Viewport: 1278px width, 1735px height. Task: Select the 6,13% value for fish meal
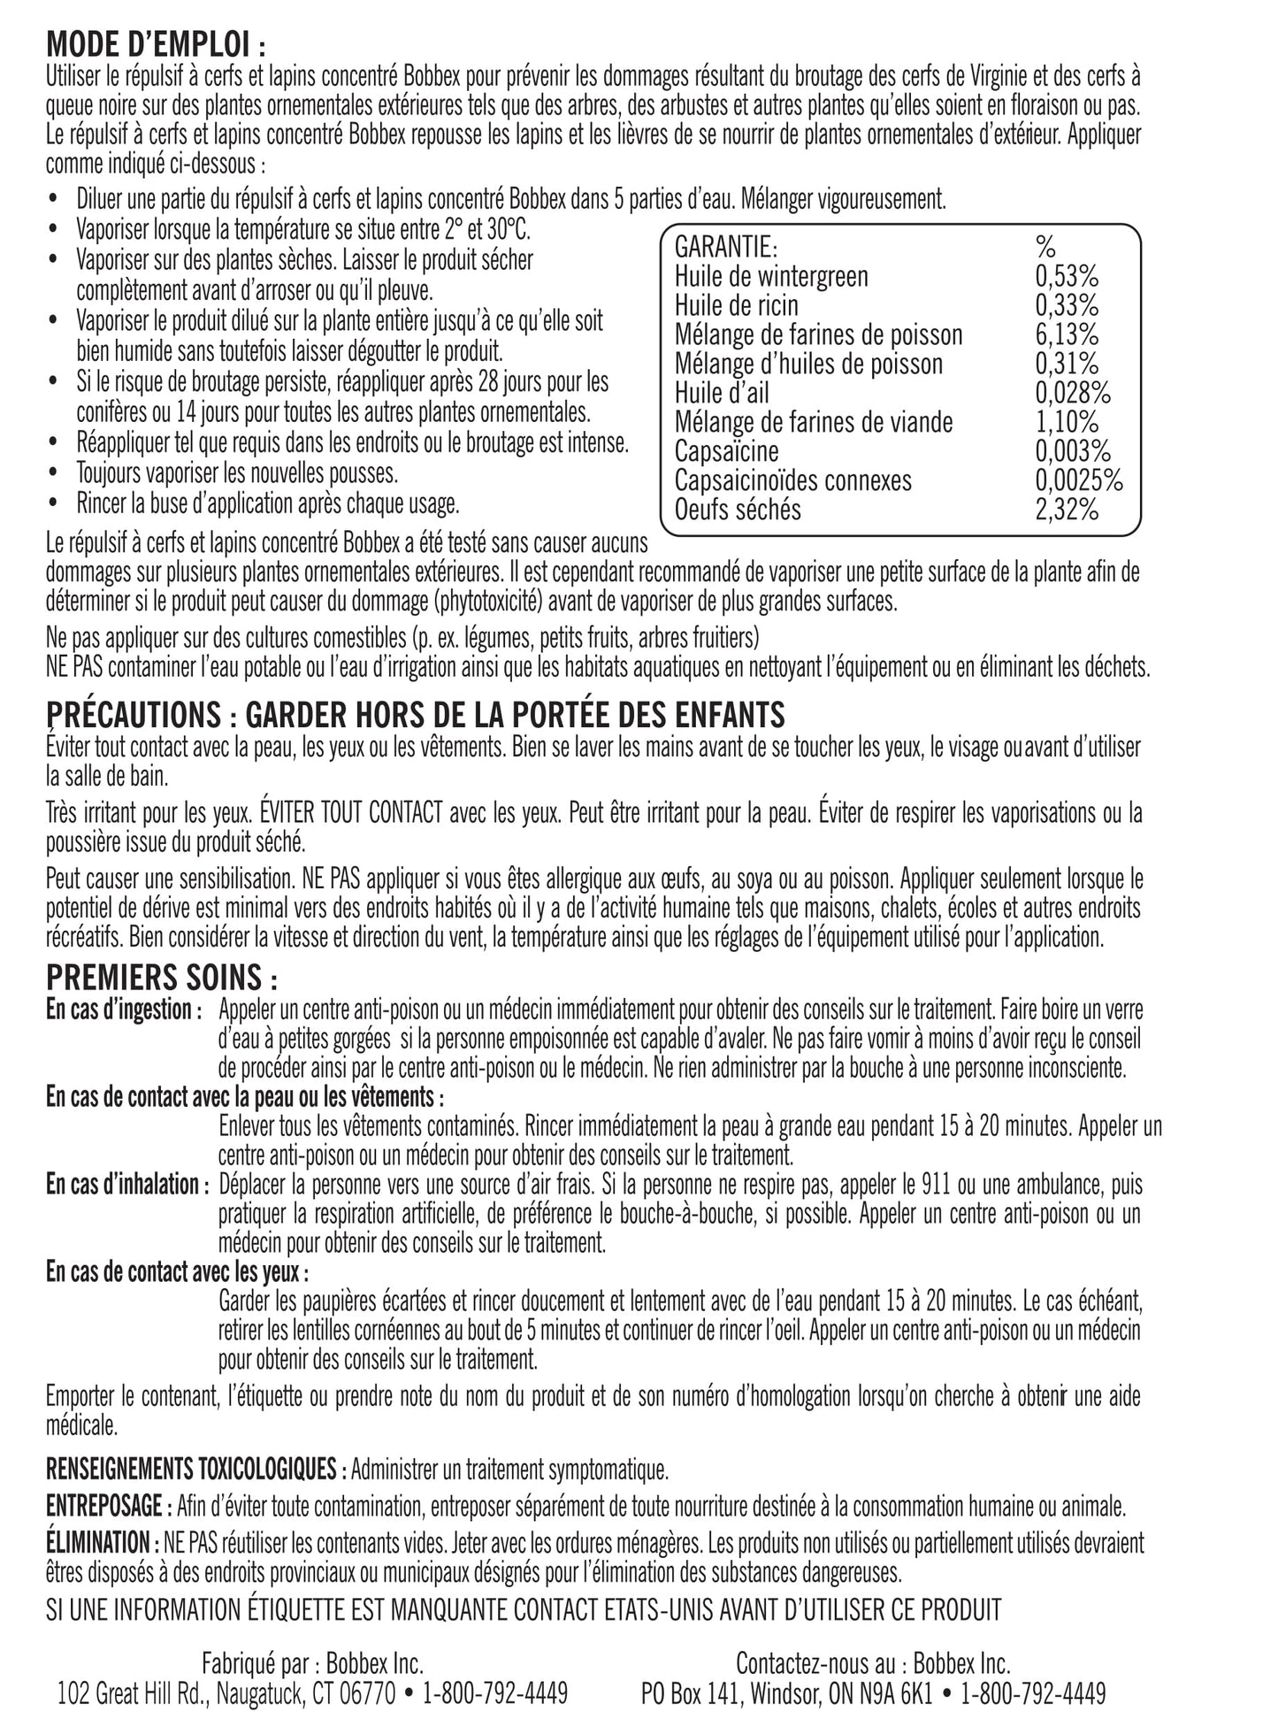pyautogui.click(x=1067, y=335)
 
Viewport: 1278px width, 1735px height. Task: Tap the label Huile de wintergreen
pyautogui.click(x=771, y=277)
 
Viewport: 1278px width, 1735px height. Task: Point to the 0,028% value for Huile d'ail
pyautogui.click(x=1073, y=394)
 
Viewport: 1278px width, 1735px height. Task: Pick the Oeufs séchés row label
pyautogui.click(x=738, y=511)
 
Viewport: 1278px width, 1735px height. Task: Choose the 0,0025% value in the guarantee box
pyautogui.click(x=1079, y=481)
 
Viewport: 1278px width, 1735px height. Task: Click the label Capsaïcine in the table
pyautogui.click(x=726, y=452)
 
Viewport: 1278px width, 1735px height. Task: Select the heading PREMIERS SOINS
pyautogui.click(x=162, y=978)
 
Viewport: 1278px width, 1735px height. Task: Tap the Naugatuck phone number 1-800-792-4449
pyautogui.click(x=495, y=1693)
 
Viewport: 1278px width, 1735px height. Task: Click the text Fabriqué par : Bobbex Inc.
pyautogui.click(x=312, y=1664)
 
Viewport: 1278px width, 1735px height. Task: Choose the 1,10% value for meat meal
pyautogui.click(x=1067, y=423)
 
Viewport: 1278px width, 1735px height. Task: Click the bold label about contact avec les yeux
pyautogui.click(x=178, y=1272)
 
